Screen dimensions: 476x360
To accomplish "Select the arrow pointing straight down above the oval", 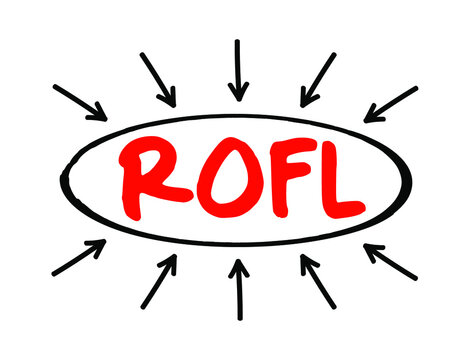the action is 237,70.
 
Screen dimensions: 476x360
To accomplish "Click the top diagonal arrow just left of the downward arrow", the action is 159,79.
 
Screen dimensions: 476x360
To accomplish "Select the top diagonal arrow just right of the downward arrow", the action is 318,79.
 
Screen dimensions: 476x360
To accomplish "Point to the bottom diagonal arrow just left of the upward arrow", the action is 159,281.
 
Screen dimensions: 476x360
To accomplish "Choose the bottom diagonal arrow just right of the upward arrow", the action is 318,281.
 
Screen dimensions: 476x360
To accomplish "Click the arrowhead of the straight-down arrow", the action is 237,93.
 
